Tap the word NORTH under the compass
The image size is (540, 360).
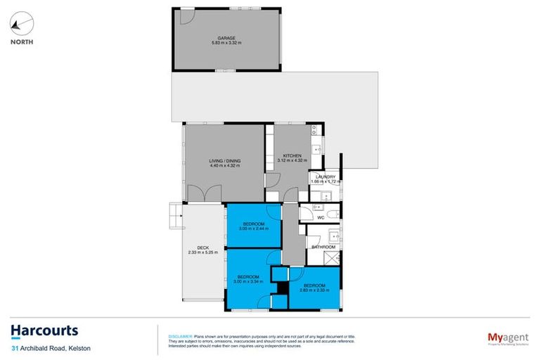21,41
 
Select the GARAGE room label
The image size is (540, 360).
226,37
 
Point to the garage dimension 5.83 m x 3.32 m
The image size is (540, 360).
226,43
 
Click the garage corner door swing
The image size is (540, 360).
185,16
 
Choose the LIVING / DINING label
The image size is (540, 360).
224,161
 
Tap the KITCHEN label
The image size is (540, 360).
292,155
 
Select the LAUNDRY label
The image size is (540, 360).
326,176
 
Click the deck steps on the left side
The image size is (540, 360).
174,216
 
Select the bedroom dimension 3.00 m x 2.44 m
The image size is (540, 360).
252,229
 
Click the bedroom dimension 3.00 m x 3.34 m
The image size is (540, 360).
248,282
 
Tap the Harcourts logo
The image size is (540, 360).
44,330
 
